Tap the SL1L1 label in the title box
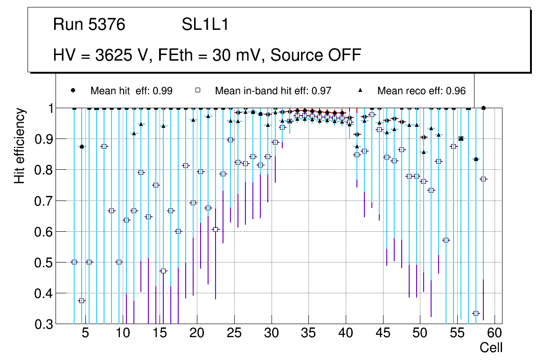205,25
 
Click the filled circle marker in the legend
73,90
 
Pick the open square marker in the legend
198,90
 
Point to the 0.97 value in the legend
321,91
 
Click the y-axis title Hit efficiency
20,145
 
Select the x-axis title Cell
491,347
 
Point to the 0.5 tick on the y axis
44,263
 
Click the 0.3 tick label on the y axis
44,324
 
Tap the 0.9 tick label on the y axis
44,139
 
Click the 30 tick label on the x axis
271,333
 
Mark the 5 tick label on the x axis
85,333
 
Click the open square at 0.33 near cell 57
476,313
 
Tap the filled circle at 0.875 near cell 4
82,146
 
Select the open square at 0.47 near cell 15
163,271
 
